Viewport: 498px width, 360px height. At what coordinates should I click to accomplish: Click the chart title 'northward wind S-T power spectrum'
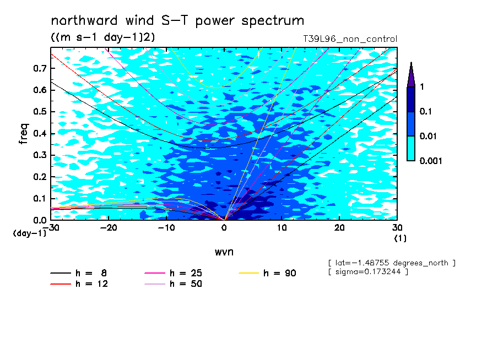point(177,21)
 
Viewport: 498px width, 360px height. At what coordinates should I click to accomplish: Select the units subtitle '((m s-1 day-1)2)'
point(103,37)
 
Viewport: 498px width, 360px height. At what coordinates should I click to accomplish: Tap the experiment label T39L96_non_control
point(350,39)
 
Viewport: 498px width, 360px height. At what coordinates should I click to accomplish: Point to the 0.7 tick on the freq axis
point(40,68)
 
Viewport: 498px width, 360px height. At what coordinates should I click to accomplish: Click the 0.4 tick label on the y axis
point(40,133)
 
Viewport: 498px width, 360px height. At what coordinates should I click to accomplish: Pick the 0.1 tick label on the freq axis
point(40,198)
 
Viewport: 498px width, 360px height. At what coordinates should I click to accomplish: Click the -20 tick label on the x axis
point(109,228)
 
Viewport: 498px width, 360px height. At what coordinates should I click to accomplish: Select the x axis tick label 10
point(282,228)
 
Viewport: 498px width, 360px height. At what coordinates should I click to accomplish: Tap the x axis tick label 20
point(339,228)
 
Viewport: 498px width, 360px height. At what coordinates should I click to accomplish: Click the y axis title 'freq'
point(24,134)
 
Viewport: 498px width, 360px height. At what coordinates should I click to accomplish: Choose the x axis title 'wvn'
point(224,252)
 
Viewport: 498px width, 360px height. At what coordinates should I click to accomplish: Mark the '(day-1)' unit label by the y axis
point(30,233)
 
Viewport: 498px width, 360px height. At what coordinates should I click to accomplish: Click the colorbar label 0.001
point(431,161)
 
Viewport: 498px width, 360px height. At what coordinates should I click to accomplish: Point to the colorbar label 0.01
point(428,136)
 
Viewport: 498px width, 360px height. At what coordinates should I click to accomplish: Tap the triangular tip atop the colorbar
point(412,63)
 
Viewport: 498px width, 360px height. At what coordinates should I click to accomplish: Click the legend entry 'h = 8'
point(78,273)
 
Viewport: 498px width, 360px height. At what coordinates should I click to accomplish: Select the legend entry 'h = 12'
point(79,284)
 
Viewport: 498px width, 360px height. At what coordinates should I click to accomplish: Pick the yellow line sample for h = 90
point(249,273)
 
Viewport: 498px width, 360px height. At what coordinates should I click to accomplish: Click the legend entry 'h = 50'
point(174,284)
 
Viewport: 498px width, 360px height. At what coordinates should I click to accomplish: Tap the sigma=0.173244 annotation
point(369,272)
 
